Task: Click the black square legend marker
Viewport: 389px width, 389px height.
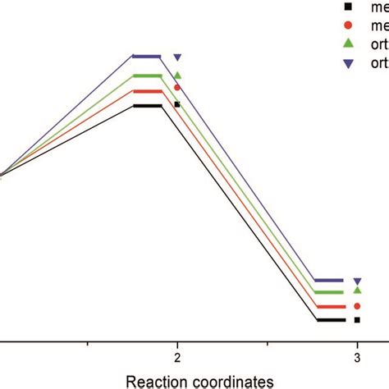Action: pyautogui.click(x=348, y=7)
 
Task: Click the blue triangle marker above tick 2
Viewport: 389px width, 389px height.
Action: pyautogui.click(x=177, y=57)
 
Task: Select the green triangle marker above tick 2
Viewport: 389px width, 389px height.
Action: pyautogui.click(x=177, y=76)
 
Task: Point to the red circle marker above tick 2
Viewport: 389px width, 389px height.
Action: pyautogui.click(x=177, y=87)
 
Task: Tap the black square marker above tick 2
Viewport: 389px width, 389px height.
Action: pyautogui.click(x=177, y=104)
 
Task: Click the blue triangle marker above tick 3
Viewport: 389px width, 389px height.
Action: pyautogui.click(x=357, y=281)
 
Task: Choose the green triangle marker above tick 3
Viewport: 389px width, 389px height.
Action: pyautogui.click(x=357, y=290)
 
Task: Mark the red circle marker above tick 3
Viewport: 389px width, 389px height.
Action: pyautogui.click(x=357, y=305)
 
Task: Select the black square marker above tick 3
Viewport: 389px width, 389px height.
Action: pyautogui.click(x=357, y=320)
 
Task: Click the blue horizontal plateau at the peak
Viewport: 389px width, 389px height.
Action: pyautogui.click(x=148, y=57)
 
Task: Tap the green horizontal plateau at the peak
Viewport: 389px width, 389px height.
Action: pyautogui.click(x=148, y=76)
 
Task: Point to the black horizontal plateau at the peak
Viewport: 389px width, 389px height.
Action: pyautogui.click(x=148, y=106)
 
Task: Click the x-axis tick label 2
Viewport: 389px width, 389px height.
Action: pyautogui.click(x=177, y=357)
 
